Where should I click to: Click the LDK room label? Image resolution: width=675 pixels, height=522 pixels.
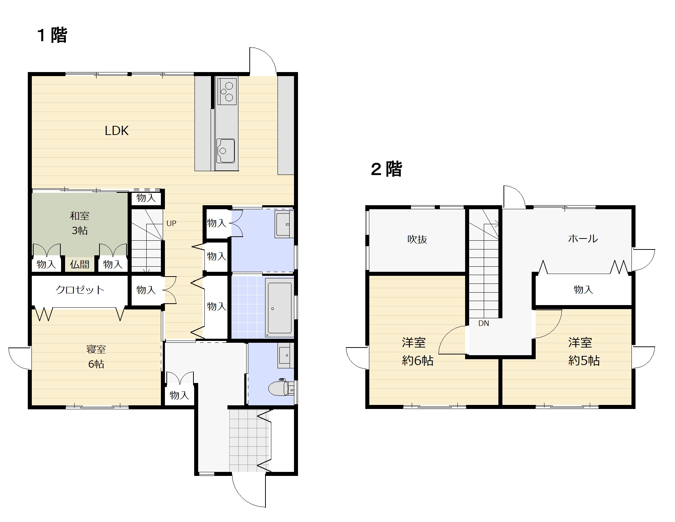(117, 131)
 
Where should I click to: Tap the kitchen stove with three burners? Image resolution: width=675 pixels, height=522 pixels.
(227, 91)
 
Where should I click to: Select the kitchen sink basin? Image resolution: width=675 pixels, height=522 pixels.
(226, 151)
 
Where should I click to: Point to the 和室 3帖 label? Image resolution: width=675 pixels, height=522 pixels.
(80, 223)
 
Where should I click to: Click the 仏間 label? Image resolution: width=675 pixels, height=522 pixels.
(80, 264)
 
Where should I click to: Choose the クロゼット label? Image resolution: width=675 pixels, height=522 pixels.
(80, 290)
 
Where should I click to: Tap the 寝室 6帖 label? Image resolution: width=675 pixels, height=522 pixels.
(96, 357)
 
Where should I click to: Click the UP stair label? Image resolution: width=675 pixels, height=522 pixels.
(171, 223)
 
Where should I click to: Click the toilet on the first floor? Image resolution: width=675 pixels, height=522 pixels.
(281, 388)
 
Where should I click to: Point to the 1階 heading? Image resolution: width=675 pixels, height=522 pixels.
(52, 35)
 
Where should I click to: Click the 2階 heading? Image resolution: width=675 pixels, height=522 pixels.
(386, 169)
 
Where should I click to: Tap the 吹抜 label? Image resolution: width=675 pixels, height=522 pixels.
(417, 240)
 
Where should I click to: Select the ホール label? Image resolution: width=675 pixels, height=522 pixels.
(583, 239)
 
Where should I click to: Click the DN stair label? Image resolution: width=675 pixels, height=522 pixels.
(483, 323)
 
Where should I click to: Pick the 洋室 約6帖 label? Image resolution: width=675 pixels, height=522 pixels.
(418, 352)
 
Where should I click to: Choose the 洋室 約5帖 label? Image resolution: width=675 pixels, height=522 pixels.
(584, 352)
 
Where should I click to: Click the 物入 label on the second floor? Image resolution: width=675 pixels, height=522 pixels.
(583, 290)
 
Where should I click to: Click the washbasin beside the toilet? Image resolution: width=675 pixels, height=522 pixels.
(285, 355)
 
